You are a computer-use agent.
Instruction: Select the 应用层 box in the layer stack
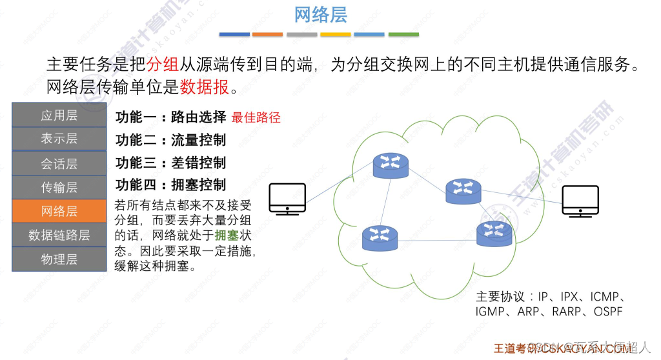tap(59, 115)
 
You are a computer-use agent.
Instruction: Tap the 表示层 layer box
tap(59, 138)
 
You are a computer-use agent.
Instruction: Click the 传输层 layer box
tap(59, 188)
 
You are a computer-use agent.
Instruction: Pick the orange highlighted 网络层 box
tap(59, 211)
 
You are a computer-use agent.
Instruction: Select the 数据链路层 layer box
tap(59, 235)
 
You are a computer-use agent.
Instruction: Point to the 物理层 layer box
tap(59, 259)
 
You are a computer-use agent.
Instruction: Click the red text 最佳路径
tap(256, 118)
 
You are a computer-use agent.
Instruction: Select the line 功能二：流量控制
tap(171, 140)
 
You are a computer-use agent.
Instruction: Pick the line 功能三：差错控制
tap(171, 163)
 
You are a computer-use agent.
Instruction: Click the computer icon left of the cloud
tap(287, 199)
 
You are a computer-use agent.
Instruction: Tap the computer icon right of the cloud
tap(580, 201)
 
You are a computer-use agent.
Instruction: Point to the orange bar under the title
tap(267, 34)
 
